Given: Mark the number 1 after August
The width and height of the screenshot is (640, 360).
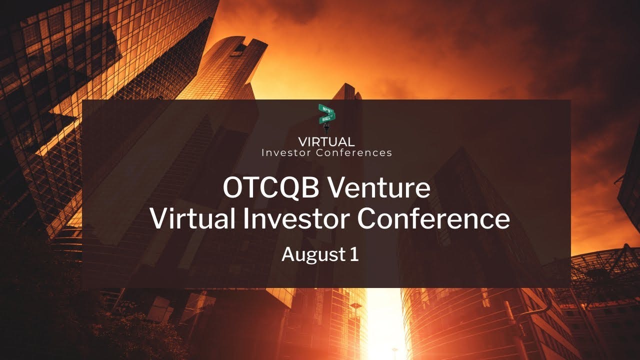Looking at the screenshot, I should pos(354,254).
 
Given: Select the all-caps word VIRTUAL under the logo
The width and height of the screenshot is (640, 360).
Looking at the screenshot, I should pos(326,142).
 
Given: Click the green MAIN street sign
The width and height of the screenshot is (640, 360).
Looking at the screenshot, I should pos(325,109).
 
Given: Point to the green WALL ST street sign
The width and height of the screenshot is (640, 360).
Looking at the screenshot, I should pos(328,118).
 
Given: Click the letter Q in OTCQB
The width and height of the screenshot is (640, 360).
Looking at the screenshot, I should pos(289,188).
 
